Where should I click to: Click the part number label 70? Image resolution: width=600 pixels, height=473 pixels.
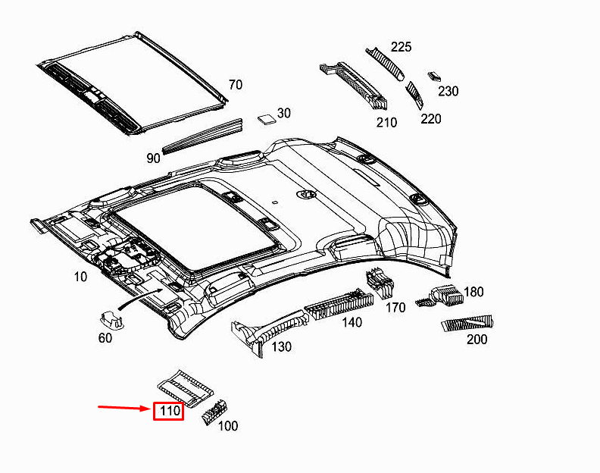tap(236, 85)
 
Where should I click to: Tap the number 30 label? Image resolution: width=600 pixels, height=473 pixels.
tap(283, 113)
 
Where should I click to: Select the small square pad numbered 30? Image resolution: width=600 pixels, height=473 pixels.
tap(265, 117)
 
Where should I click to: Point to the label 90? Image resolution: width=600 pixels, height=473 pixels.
tap(154, 158)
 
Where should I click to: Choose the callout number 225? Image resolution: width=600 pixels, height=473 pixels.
tap(401, 47)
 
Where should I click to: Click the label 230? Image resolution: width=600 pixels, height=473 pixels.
tap(448, 91)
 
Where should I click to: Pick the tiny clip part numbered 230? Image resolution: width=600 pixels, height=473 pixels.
tap(434, 76)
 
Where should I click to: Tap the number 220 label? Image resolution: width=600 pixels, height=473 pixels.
tap(431, 118)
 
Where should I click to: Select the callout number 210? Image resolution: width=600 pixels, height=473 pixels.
tap(386, 122)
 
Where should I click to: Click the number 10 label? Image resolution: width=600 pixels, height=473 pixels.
tap(81, 277)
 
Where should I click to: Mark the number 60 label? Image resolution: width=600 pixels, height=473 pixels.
tap(105, 337)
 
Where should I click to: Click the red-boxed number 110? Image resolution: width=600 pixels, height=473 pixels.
tap(168, 412)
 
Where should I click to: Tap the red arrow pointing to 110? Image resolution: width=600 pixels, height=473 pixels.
tap(124, 409)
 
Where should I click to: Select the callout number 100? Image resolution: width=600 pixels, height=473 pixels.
tap(228, 426)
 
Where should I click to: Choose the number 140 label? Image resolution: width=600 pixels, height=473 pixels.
tap(352, 322)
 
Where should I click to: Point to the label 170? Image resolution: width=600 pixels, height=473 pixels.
tap(395, 308)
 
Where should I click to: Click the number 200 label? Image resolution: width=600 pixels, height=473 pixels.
tap(477, 339)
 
